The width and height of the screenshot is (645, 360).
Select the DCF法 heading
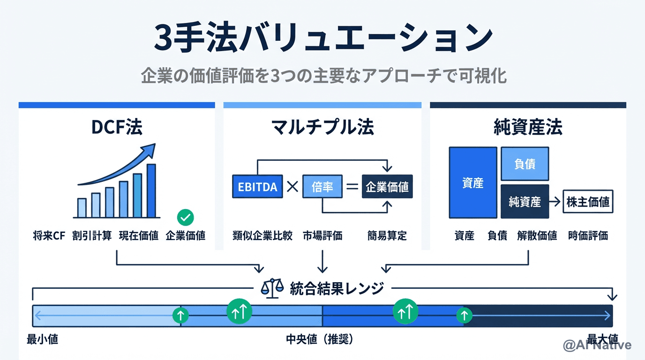click(x=117, y=127)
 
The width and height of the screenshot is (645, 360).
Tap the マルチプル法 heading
click(x=322, y=127)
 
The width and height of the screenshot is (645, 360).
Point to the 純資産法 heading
click(x=528, y=127)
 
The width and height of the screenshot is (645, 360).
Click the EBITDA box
click(x=257, y=187)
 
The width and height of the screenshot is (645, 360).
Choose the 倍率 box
click(x=322, y=187)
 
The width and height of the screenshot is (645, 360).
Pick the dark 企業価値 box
click(x=387, y=187)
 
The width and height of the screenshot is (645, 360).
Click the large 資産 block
click(x=472, y=183)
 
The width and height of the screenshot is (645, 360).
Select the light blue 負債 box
click(x=525, y=164)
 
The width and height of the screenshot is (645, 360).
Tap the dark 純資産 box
click(x=525, y=202)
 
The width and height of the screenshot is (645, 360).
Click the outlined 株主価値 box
click(x=588, y=202)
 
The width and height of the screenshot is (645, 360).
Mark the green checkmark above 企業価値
click(x=186, y=217)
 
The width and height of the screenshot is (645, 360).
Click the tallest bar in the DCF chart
click(x=151, y=191)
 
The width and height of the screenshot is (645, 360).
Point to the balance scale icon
click(x=272, y=288)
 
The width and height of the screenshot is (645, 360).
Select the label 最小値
click(x=43, y=339)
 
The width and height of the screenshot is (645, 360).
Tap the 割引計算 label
click(x=92, y=236)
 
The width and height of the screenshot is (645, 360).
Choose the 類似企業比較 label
click(x=262, y=236)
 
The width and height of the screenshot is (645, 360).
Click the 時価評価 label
click(x=588, y=236)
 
